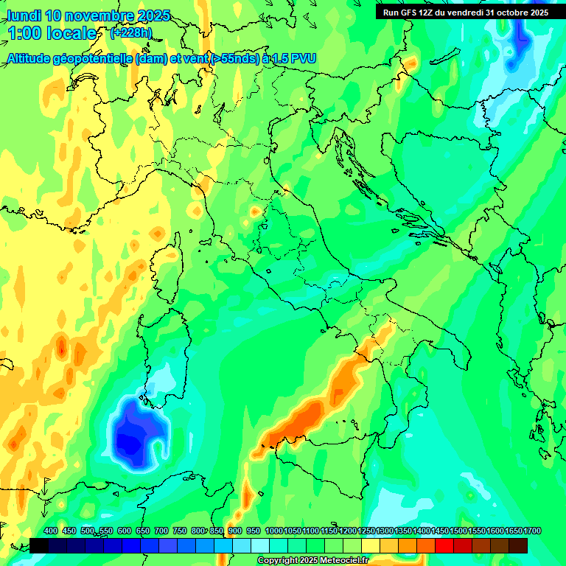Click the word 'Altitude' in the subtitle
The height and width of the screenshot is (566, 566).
pyautogui.click(x=33, y=58)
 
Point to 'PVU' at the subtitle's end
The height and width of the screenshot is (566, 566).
pyautogui.click(x=302, y=58)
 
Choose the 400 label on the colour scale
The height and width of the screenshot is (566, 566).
pyautogui.click(x=51, y=531)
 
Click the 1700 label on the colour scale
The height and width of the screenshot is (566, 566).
pyautogui.click(x=513, y=531)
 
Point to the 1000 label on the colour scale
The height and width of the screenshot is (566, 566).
pyautogui.click(x=274, y=531)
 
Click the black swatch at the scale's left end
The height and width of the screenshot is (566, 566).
pyautogui.click(x=39, y=545)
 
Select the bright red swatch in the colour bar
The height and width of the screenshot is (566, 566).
pyautogui.click(x=444, y=545)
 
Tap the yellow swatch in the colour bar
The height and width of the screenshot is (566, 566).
pyautogui.click(x=371, y=545)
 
